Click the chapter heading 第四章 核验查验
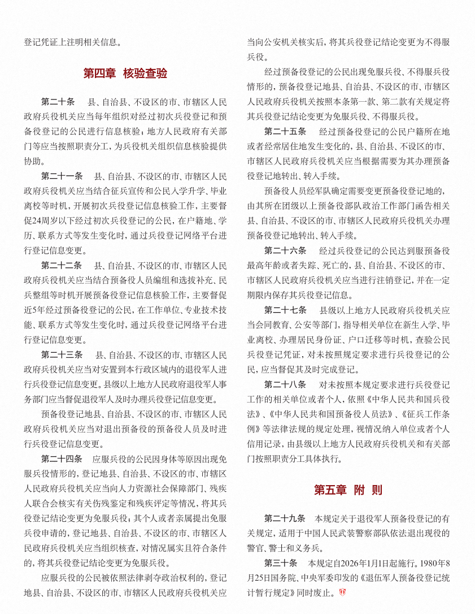(x=125, y=73)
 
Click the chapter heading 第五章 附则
(x=348, y=490)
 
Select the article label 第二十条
(x=58, y=102)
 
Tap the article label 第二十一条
(x=62, y=176)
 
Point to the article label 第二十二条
(x=62, y=265)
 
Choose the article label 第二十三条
(x=62, y=355)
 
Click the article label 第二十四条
(x=62, y=458)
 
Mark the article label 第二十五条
(x=285, y=132)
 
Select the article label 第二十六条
(x=285, y=250)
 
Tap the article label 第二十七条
(x=285, y=310)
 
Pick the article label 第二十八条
(x=285, y=384)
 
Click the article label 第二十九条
(x=285, y=518)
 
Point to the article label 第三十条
(x=281, y=563)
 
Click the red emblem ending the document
(x=342, y=593)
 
